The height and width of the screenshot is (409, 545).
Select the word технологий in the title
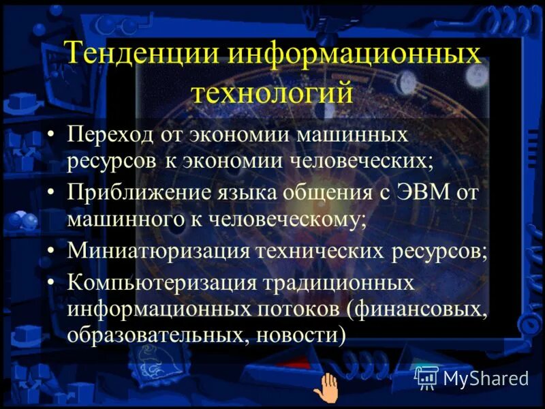click(x=272, y=92)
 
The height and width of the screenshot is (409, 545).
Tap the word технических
click(x=321, y=250)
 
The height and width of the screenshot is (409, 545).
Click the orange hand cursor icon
click(x=329, y=389)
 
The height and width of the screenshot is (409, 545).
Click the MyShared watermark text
click(x=485, y=378)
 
